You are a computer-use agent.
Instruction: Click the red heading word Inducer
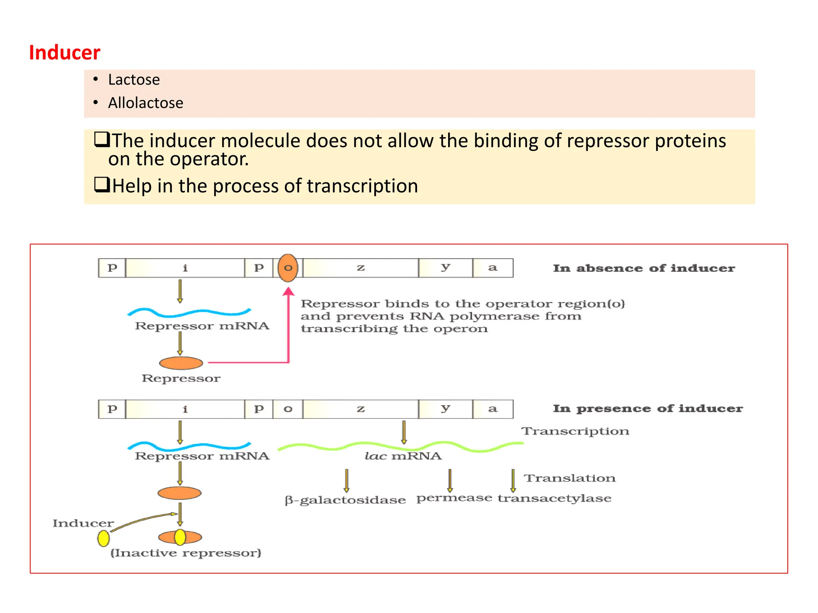click(x=65, y=53)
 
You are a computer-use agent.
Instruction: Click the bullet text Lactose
click(x=134, y=80)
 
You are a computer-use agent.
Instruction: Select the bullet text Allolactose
click(x=145, y=103)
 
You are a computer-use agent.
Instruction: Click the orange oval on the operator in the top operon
click(x=288, y=268)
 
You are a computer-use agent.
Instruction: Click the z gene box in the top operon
click(x=361, y=268)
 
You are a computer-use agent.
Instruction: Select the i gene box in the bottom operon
click(x=185, y=409)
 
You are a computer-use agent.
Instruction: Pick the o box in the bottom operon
click(x=288, y=409)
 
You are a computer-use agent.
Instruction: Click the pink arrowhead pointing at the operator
click(x=288, y=291)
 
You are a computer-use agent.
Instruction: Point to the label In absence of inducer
click(x=643, y=268)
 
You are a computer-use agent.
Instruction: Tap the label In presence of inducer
click(x=647, y=409)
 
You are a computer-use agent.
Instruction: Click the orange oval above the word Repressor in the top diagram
click(x=181, y=363)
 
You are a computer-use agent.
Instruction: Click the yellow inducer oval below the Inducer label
click(x=103, y=538)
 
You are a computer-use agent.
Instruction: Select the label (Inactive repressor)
click(x=186, y=553)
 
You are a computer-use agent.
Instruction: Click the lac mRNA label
click(x=403, y=456)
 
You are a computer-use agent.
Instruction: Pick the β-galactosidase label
click(x=345, y=500)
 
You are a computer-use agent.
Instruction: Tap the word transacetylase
click(x=554, y=498)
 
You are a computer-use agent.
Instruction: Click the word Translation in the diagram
click(x=570, y=478)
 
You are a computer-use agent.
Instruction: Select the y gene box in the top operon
click(x=445, y=268)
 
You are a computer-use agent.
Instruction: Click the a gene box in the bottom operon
click(x=492, y=409)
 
